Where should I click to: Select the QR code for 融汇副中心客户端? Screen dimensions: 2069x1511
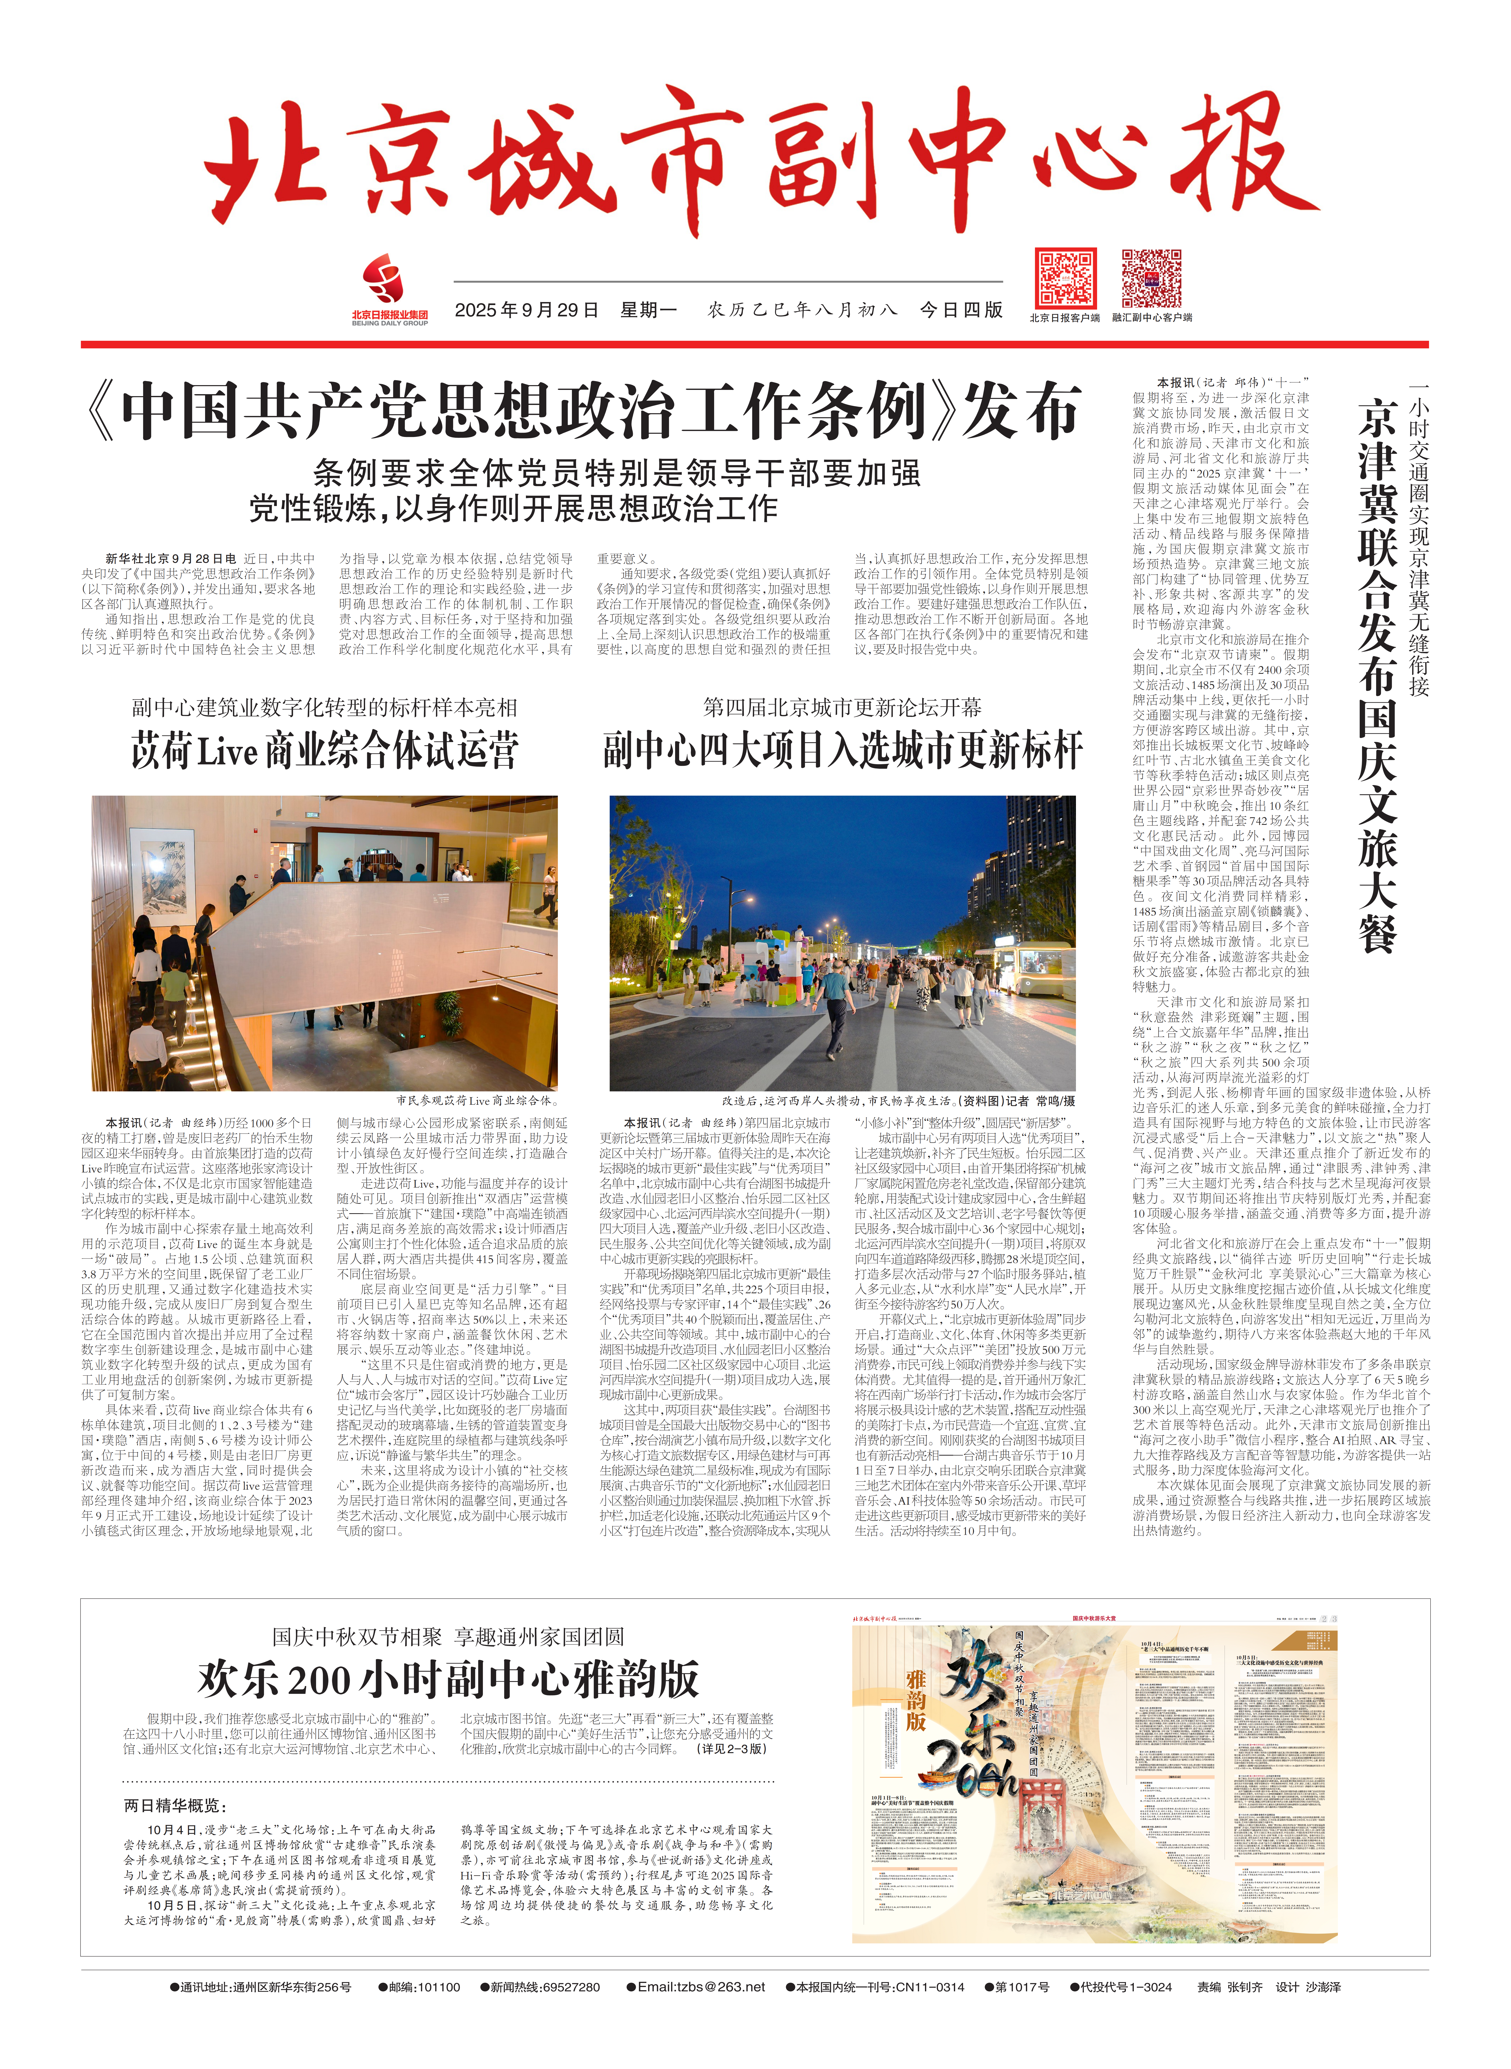[x=1151, y=278]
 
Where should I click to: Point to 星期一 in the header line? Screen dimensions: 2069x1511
[x=648, y=310]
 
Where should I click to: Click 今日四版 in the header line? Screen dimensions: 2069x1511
[x=960, y=310]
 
